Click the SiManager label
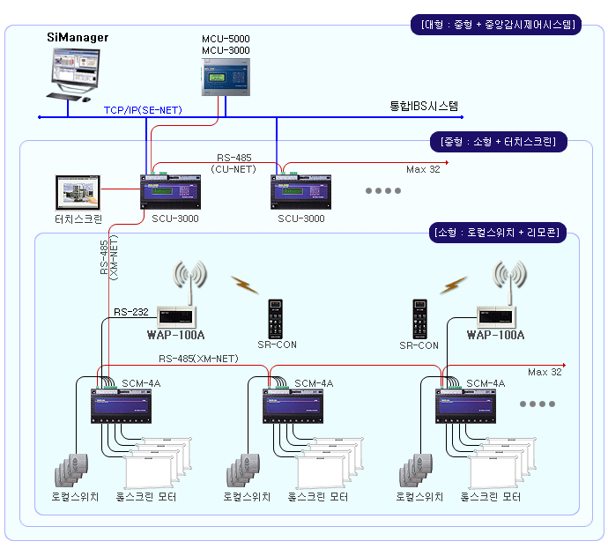click(78, 37)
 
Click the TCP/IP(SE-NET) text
click(143, 110)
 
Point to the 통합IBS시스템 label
click(424, 107)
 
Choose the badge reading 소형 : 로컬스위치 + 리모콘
click(502, 233)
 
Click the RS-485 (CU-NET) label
click(234, 162)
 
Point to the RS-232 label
click(131, 312)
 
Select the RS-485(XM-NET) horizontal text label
click(198, 359)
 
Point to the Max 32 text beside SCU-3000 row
click(423, 169)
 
